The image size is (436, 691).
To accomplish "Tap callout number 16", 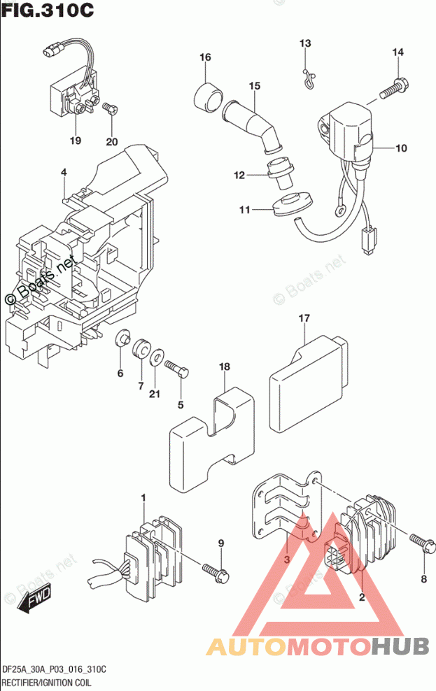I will click(204, 57).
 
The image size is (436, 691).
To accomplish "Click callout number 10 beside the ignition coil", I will click(401, 148).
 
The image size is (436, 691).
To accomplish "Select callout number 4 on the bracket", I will click(63, 172).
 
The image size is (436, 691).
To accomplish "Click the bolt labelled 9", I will click(213, 569).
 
